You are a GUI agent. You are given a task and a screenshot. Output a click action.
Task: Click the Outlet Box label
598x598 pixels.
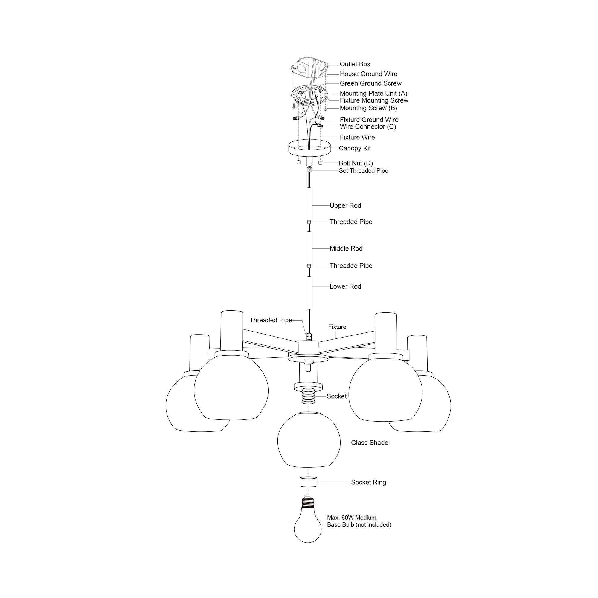(x=355, y=64)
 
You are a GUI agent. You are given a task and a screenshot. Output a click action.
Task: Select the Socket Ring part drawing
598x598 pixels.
(x=308, y=482)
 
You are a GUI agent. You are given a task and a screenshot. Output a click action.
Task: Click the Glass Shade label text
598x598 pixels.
(x=369, y=443)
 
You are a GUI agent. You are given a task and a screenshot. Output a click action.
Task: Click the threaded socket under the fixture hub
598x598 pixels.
(x=308, y=396)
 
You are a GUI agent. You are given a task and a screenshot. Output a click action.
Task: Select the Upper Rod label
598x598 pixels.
(x=345, y=205)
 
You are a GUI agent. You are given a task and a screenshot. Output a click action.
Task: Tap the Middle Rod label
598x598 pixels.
(x=346, y=248)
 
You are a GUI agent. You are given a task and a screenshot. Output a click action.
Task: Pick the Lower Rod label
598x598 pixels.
(x=345, y=287)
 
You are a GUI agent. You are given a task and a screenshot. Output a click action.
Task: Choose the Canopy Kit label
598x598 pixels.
(x=355, y=148)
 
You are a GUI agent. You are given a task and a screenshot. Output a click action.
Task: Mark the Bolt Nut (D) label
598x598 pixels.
(x=356, y=163)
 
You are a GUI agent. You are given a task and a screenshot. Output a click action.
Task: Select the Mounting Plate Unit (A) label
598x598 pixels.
(x=373, y=94)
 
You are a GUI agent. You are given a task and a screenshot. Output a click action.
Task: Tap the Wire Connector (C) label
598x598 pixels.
(x=368, y=126)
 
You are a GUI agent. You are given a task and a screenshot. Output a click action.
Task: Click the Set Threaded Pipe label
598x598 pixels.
(x=363, y=170)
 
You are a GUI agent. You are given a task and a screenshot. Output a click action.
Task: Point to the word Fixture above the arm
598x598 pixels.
(x=337, y=327)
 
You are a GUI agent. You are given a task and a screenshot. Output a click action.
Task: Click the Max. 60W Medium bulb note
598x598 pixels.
(x=359, y=521)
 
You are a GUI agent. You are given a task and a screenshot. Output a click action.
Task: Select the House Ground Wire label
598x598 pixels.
(x=368, y=74)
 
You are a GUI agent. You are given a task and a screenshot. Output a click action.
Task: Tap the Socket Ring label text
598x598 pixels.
(x=368, y=482)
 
